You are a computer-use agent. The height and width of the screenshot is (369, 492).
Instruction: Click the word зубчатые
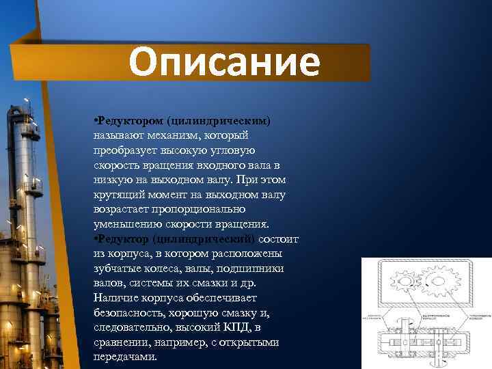117,269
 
